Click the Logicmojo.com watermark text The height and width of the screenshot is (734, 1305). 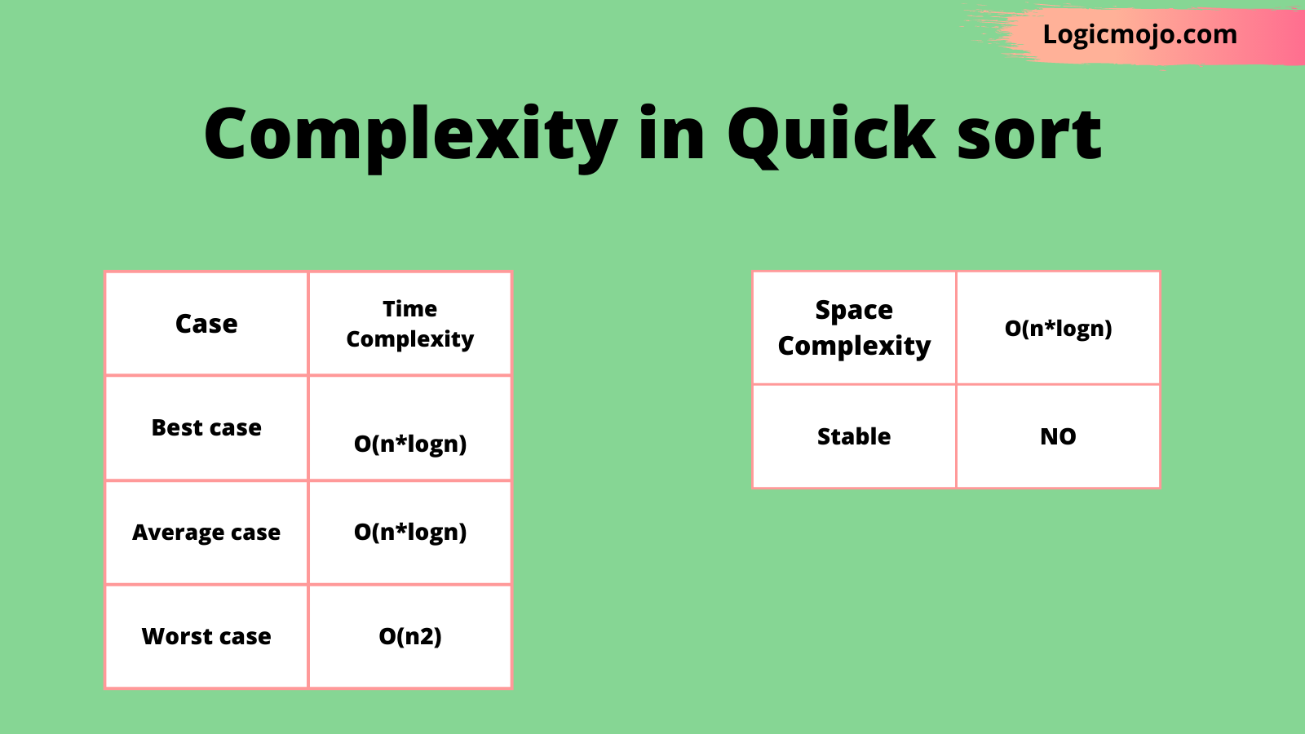(1139, 35)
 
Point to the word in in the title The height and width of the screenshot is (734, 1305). (672, 132)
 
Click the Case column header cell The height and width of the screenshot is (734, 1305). (206, 323)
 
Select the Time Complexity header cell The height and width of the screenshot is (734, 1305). (410, 323)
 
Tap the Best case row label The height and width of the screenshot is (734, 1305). (206, 427)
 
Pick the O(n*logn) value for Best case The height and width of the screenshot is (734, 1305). (410, 444)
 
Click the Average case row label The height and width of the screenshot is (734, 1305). (206, 533)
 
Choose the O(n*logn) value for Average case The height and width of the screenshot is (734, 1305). (410, 532)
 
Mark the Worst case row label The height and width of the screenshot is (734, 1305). (206, 636)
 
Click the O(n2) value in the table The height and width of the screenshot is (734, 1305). (410, 636)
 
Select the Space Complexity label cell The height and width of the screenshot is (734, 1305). (854, 328)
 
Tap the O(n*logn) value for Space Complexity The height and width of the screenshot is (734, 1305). (1059, 329)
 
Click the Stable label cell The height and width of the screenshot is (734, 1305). (854, 436)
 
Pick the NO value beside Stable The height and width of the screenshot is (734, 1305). (1059, 436)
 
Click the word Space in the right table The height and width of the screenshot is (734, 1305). (854, 311)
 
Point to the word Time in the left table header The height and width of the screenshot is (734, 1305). (410, 309)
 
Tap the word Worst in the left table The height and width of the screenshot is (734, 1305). (174, 636)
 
